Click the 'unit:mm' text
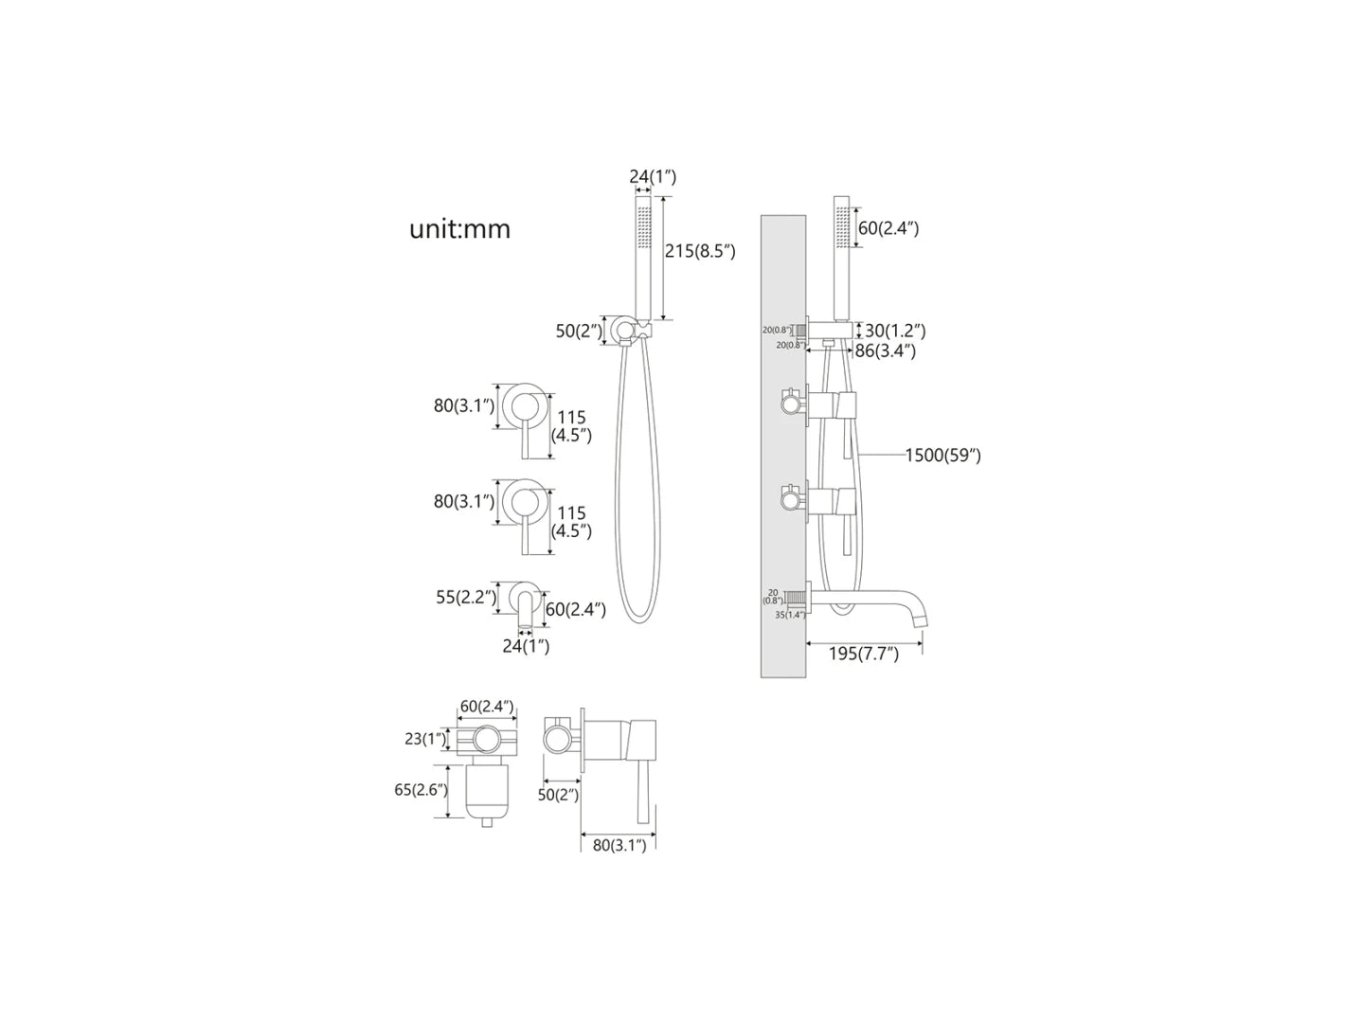coord(459,229)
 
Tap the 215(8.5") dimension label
coord(700,251)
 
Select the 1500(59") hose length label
coord(942,456)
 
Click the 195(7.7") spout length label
coord(864,655)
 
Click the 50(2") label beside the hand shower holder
coord(579,331)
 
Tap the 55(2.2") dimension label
coord(465,597)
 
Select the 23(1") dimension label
coord(425,739)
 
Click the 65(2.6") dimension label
coord(421,789)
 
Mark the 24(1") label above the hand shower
coord(653,177)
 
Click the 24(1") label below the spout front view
coord(526,646)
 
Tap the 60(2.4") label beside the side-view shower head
coord(888,228)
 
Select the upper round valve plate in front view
coord(521,406)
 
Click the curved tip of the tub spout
coord(918,617)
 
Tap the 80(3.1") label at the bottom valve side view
coord(618,845)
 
